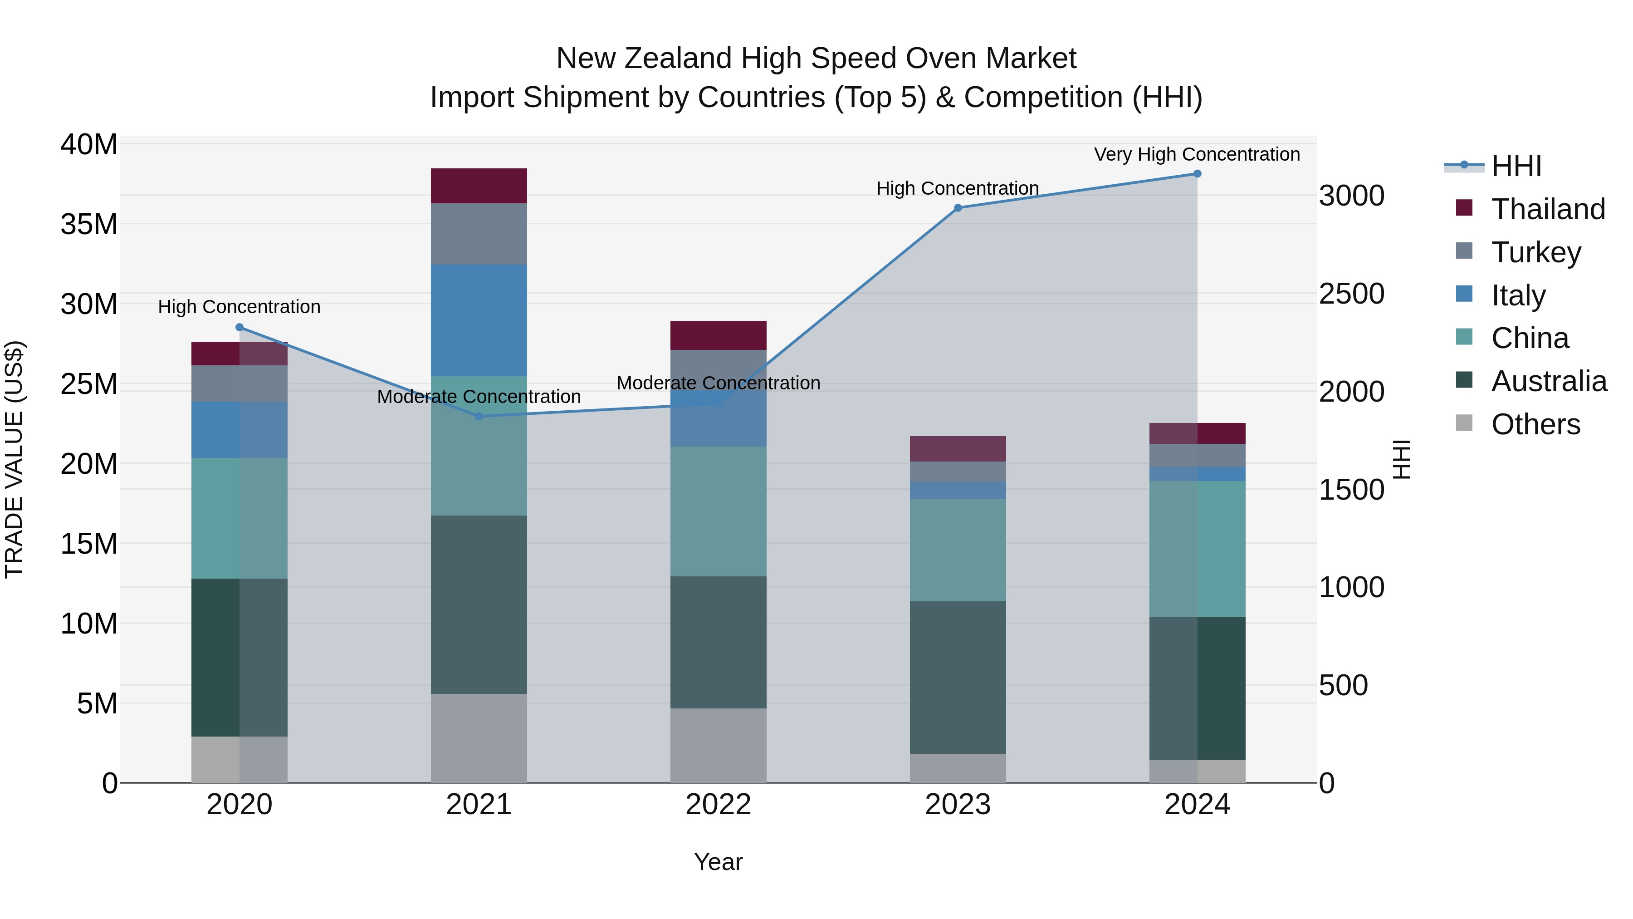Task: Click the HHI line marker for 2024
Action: pos(1197,174)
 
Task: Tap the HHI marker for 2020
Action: pos(240,327)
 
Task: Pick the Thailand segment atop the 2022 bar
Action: pos(718,335)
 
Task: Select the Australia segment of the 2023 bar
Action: pos(958,678)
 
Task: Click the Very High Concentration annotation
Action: pos(1197,154)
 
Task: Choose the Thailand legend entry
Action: pos(1548,209)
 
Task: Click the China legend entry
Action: pos(1530,338)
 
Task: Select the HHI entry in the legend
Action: pos(1516,166)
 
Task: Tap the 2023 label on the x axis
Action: pos(958,805)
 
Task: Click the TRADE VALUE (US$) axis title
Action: pos(14,459)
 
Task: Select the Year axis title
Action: pos(718,862)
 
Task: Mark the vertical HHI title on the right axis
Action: pos(1401,459)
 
